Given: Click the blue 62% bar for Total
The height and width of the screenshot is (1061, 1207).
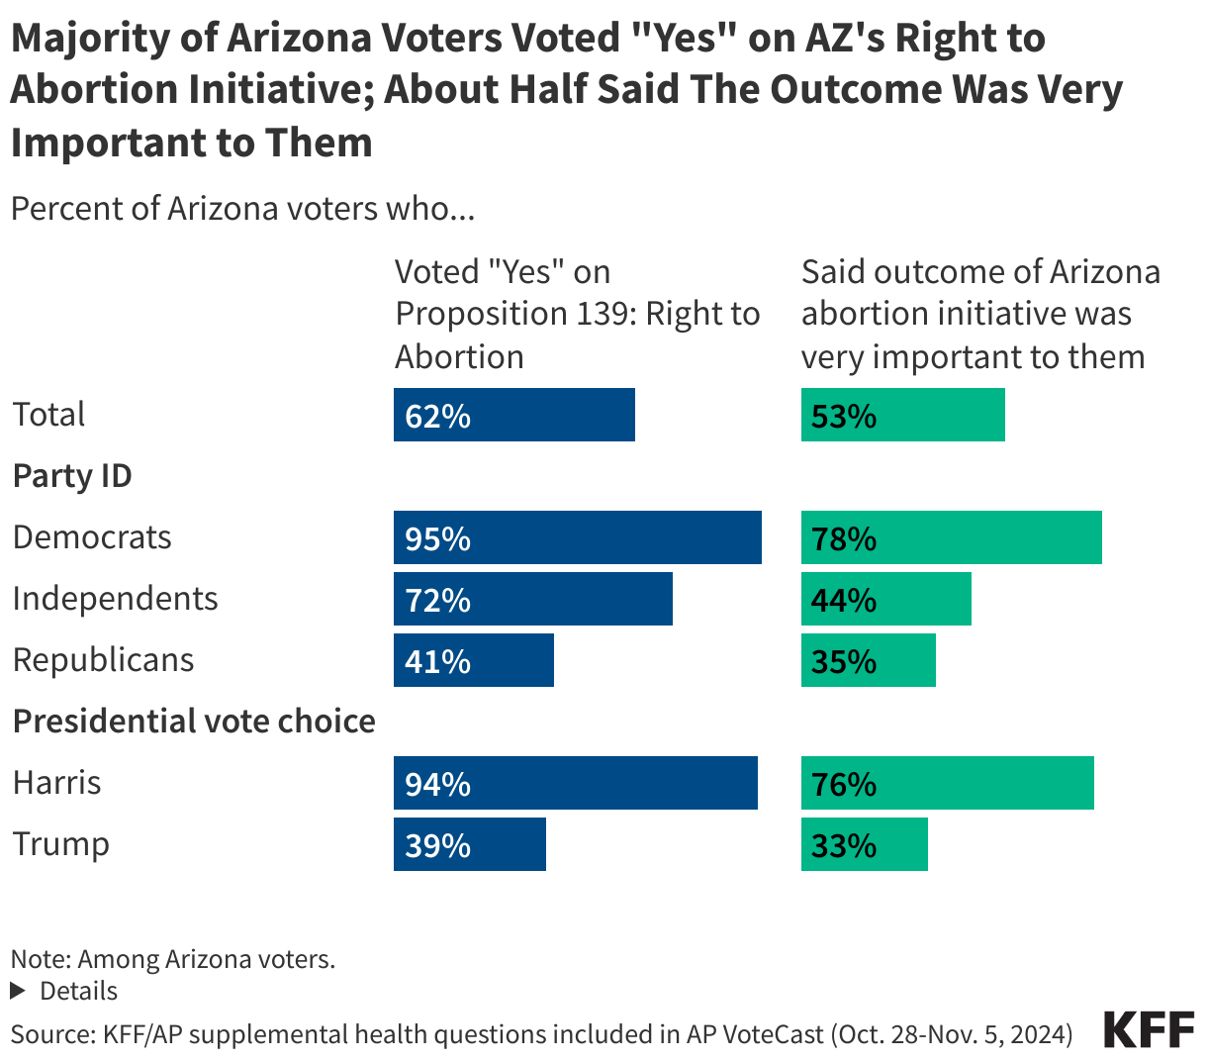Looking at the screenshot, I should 513,415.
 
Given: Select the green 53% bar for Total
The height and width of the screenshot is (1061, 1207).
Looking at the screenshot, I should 902,415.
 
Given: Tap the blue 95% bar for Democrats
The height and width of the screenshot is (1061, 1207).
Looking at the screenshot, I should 577,537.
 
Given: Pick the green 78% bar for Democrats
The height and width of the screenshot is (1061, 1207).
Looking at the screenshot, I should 951,537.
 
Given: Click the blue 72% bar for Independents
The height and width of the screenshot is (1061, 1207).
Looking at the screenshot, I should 532,599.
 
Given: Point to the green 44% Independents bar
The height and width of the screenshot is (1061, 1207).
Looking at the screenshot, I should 885,599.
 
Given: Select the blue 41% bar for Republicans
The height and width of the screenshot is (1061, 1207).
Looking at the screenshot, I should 473,660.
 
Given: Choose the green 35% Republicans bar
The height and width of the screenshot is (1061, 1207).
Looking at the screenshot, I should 868,660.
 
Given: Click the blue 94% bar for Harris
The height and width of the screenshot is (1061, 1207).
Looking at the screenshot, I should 575,783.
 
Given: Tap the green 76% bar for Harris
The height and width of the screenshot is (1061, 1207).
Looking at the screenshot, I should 947,783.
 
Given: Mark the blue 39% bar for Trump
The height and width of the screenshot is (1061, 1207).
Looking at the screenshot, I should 469,844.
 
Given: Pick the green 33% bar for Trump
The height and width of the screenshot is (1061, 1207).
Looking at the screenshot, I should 864,844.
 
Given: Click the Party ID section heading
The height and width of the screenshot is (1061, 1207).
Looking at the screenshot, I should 72,476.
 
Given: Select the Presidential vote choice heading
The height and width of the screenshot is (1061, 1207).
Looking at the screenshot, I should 194,722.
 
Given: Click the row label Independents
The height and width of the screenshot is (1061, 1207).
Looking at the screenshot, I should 115,599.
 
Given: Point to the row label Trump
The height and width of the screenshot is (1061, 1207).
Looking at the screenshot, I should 61,844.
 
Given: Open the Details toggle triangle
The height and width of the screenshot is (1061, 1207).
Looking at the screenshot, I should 17,991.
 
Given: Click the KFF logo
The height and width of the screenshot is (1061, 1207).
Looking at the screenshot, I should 1149,1030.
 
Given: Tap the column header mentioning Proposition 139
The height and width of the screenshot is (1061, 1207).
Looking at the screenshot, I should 577,314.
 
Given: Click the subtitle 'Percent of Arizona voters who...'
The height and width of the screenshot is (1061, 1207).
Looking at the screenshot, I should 243,209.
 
